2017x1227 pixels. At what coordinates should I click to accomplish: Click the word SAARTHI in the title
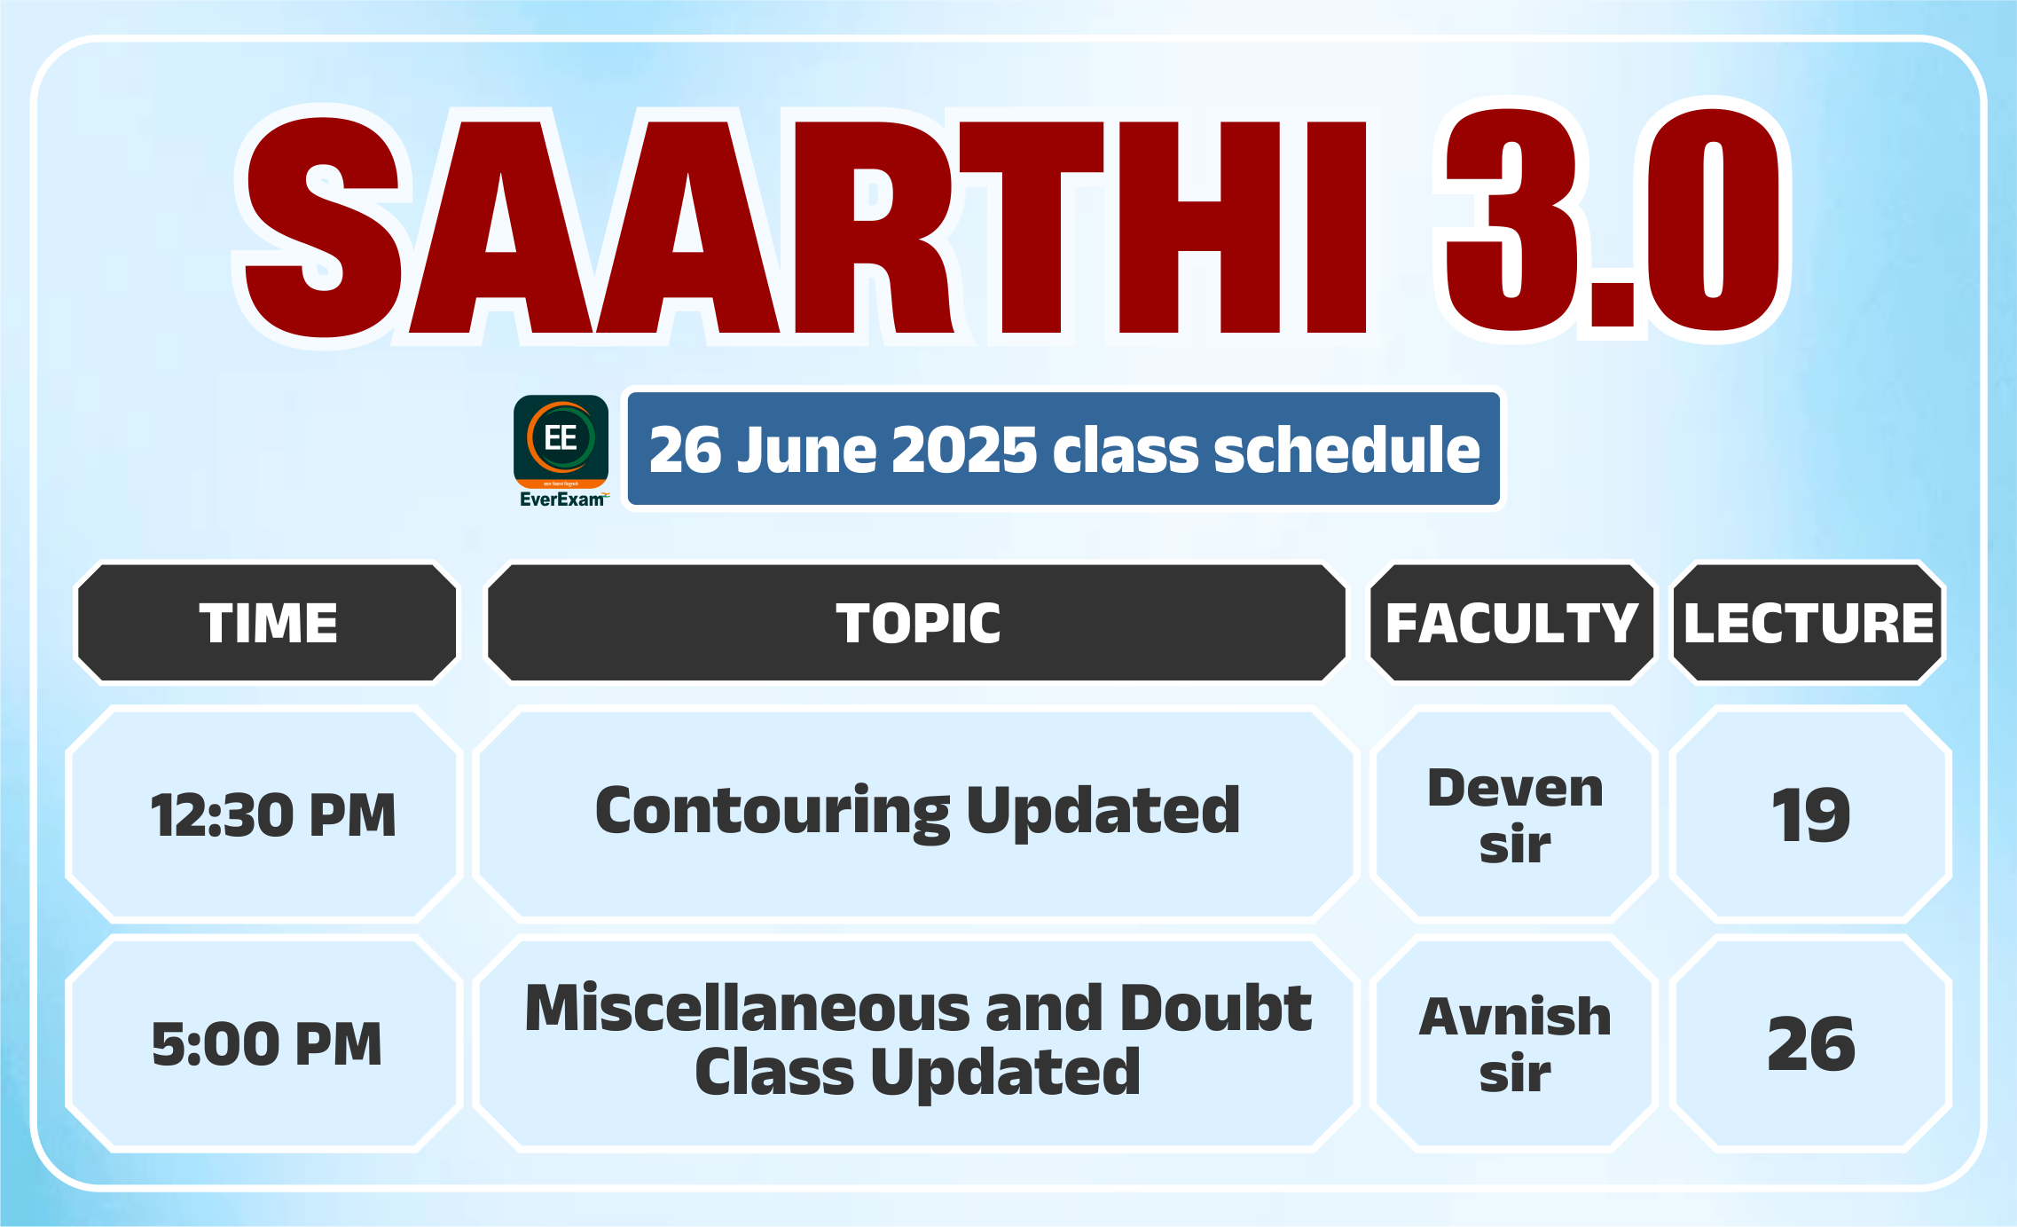pyautogui.click(x=805, y=226)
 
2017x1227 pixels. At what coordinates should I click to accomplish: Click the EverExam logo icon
pyautogui.click(x=561, y=442)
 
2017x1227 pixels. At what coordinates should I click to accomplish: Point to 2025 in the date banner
pyautogui.click(x=963, y=450)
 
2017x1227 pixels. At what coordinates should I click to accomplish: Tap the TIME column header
pyautogui.click(x=268, y=623)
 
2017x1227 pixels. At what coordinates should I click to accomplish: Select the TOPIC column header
pyautogui.click(x=917, y=623)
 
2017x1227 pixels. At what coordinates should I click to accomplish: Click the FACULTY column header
pyautogui.click(x=1512, y=623)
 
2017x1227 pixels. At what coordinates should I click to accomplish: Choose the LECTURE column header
pyautogui.click(x=1809, y=623)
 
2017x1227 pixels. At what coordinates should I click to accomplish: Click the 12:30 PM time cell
pyautogui.click(x=273, y=814)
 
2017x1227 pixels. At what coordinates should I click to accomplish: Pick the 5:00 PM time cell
pyautogui.click(x=267, y=1043)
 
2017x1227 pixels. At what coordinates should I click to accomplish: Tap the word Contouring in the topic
pyautogui.click(x=773, y=811)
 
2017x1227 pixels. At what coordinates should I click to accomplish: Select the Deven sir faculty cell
pyautogui.click(x=1515, y=815)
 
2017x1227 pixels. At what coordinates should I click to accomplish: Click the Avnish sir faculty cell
pyautogui.click(x=1515, y=1044)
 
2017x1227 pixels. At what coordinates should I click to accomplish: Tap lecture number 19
pyautogui.click(x=1810, y=815)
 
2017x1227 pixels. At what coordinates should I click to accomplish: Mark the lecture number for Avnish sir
pyautogui.click(x=1811, y=1043)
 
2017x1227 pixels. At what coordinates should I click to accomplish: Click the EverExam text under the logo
pyautogui.click(x=562, y=499)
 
